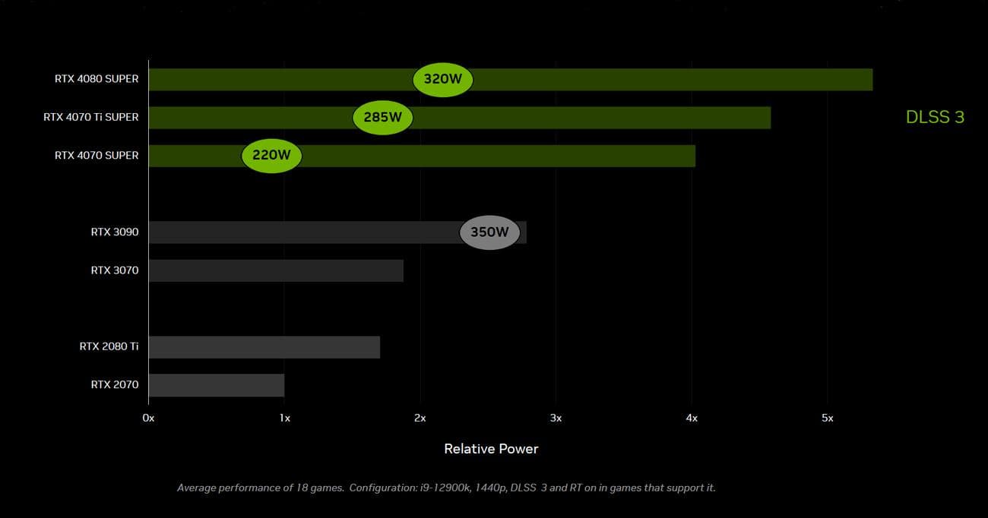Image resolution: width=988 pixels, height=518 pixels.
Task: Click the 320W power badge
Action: [442, 79]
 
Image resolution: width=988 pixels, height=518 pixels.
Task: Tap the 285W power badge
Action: [382, 118]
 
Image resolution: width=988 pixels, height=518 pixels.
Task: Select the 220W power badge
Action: [271, 156]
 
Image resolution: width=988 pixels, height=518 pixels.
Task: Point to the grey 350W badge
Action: [489, 232]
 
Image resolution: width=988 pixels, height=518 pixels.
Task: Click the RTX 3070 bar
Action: [275, 270]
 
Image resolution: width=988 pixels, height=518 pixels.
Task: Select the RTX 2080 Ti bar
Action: [264, 347]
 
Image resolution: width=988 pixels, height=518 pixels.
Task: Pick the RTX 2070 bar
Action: [216, 385]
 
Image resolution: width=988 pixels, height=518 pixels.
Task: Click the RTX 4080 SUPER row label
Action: [97, 79]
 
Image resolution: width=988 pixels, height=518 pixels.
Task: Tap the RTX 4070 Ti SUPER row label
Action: [91, 117]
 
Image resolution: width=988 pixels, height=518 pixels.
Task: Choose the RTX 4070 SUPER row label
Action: [97, 156]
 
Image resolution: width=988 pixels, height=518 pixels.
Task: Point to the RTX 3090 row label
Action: [115, 232]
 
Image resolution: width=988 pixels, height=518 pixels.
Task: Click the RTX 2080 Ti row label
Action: [109, 346]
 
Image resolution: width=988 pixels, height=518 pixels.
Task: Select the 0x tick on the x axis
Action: [149, 419]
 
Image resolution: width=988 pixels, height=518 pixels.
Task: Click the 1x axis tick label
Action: [284, 419]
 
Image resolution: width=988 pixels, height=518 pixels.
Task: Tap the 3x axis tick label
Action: [556, 419]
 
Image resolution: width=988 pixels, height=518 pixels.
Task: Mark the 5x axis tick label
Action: [827, 419]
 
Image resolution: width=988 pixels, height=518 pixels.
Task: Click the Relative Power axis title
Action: [491, 449]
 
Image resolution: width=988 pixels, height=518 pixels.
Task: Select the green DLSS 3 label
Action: [935, 117]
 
